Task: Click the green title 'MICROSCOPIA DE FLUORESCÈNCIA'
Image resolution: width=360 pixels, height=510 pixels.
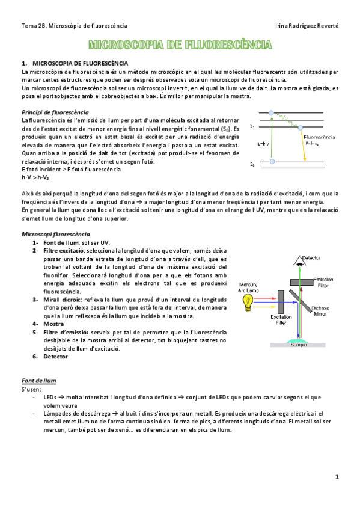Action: click(x=180, y=45)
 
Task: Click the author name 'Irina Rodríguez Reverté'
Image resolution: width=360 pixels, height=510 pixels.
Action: click(x=306, y=26)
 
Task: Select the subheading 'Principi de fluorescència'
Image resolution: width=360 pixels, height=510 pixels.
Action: click(x=55, y=112)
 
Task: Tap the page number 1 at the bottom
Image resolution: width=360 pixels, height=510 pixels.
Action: click(x=337, y=476)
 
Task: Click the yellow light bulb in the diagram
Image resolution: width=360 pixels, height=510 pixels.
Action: click(x=246, y=305)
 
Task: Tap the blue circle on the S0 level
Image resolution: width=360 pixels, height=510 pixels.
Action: click(x=273, y=162)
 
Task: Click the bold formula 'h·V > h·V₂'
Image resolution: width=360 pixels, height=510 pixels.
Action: click(x=35, y=177)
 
